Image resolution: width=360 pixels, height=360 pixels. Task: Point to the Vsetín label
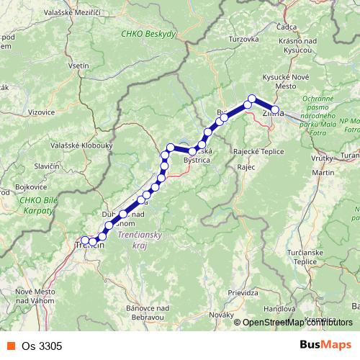pos(78,65)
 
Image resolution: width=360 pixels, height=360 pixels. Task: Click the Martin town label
pos(323,173)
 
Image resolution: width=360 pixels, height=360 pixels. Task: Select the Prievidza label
pos(243,293)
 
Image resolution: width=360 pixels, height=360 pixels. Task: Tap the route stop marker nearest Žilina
pos(274,110)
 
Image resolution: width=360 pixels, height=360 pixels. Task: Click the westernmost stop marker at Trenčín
pos(84,240)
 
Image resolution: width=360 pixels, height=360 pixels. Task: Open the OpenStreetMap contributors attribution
pos(296,323)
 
